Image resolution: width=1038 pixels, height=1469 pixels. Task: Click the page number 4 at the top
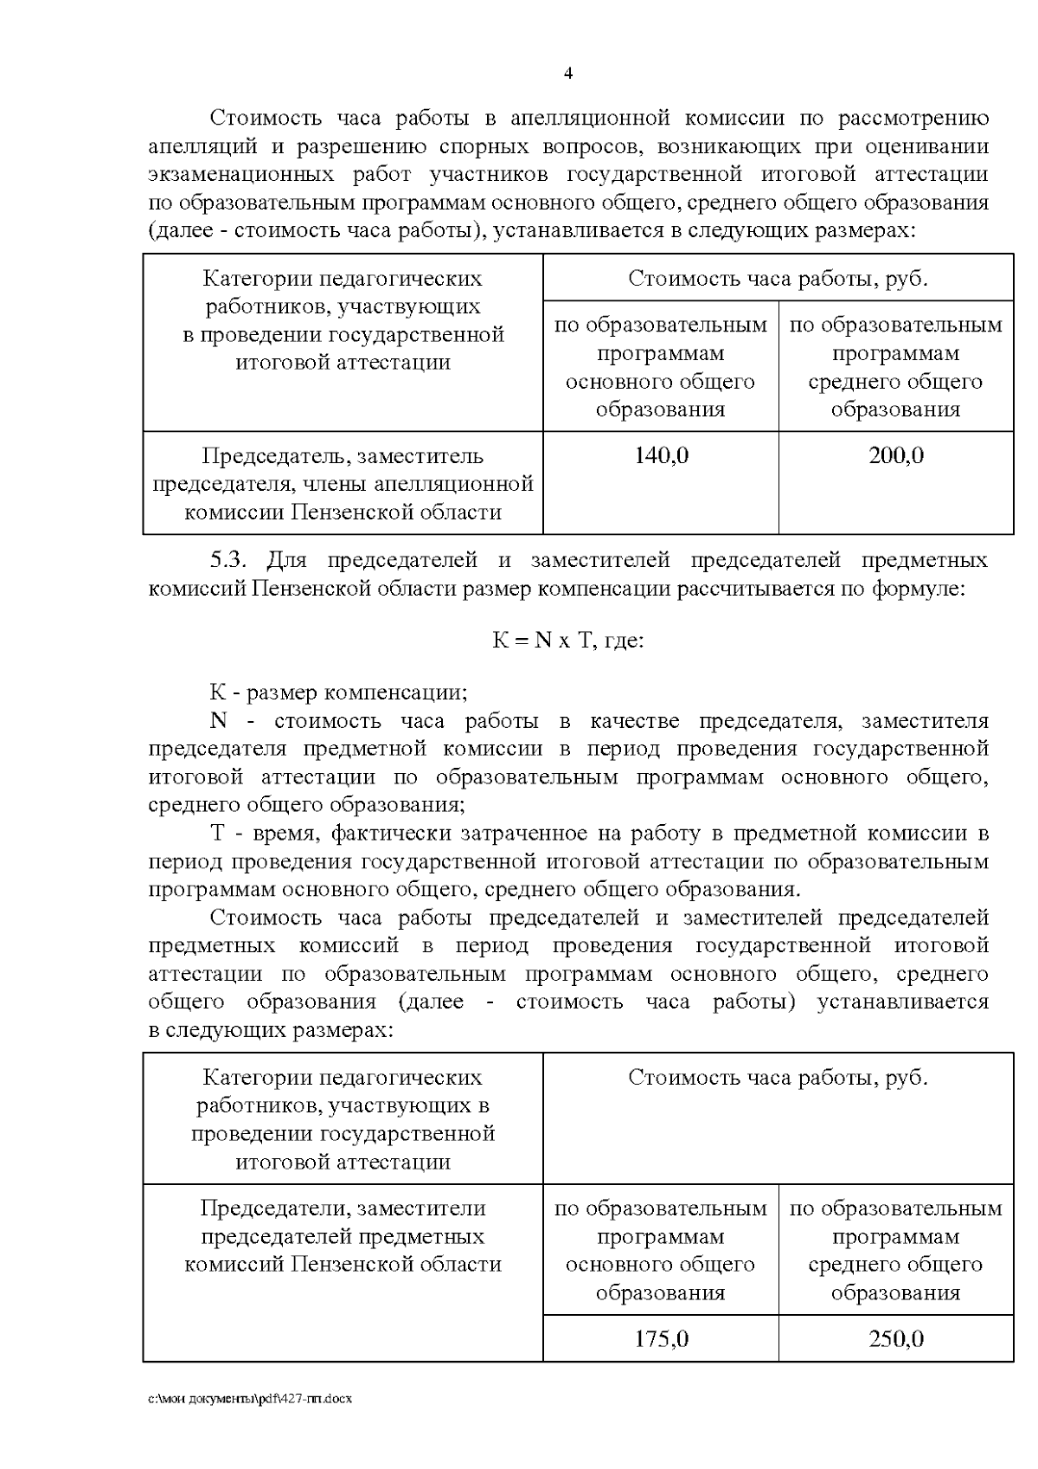tap(567, 74)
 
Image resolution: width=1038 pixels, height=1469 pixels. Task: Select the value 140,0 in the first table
tap(661, 455)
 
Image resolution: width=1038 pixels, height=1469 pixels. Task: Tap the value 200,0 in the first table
tap(896, 455)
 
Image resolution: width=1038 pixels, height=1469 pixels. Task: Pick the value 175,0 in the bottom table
tap(661, 1339)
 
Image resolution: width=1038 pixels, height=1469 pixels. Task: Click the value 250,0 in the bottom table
tap(896, 1339)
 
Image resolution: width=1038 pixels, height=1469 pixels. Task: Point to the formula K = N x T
tap(567, 641)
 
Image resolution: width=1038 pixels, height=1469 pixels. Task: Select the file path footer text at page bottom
tap(250, 1399)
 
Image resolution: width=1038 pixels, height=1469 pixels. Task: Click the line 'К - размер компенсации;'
tap(338, 693)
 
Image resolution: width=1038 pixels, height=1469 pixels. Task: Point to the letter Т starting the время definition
tap(217, 834)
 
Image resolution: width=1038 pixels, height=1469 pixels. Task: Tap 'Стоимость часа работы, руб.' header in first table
tap(778, 279)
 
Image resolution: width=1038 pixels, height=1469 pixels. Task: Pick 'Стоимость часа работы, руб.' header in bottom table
tap(778, 1078)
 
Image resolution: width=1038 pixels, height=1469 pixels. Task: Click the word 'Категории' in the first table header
tap(257, 279)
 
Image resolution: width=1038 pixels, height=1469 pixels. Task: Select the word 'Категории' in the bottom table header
tap(257, 1078)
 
